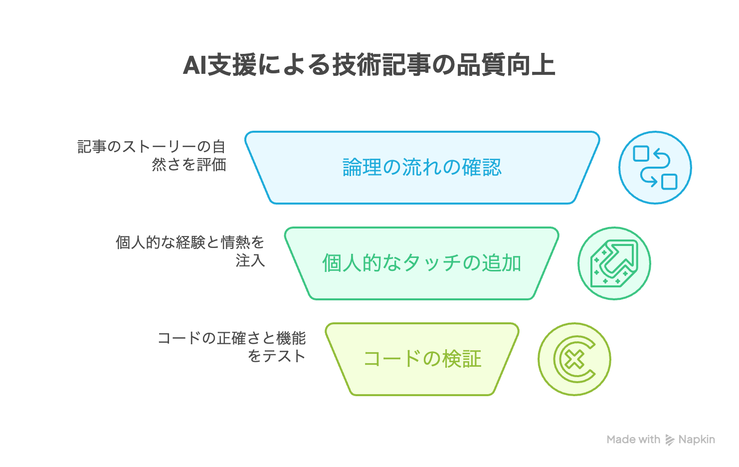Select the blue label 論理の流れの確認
tap(422, 167)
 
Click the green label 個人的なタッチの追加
tap(422, 263)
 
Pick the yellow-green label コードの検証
tap(422, 359)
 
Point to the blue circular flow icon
tap(655, 168)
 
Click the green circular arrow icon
tap(614, 263)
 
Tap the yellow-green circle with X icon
tap(574, 359)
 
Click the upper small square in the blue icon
tap(641, 154)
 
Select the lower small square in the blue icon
tap(669, 182)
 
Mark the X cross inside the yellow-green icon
tap(575, 359)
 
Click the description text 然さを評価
tap(189, 164)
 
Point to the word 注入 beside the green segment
tap(250, 260)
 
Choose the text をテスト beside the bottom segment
tap(277, 356)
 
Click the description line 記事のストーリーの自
tap(152, 147)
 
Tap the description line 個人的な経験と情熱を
tap(190, 242)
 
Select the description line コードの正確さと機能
tap(232, 338)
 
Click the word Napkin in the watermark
tap(697, 440)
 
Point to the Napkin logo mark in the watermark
tap(670, 440)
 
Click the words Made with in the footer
tap(633, 439)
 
